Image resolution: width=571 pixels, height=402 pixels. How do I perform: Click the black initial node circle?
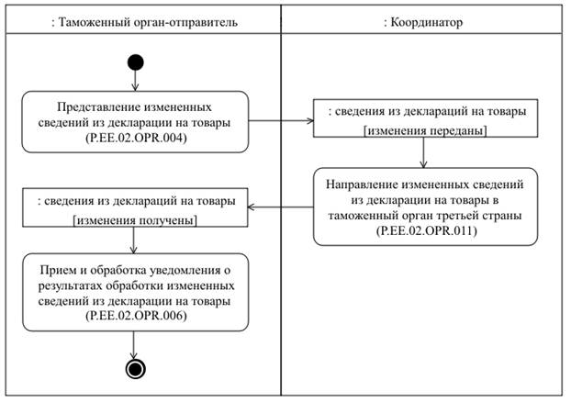click(x=136, y=62)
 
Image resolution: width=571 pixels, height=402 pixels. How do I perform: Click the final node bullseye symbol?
click(x=136, y=369)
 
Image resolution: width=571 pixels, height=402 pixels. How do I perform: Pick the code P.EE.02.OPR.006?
click(x=136, y=316)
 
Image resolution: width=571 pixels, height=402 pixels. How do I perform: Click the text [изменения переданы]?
click(x=425, y=131)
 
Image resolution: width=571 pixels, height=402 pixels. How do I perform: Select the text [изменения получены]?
click(x=135, y=219)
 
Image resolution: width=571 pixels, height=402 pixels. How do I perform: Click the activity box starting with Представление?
click(x=136, y=122)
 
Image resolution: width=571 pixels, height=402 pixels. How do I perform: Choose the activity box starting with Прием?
click(x=136, y=292)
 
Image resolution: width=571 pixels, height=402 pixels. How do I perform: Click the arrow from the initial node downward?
click(x=136, y=81)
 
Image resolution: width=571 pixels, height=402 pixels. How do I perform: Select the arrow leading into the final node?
click(x=136, y=345)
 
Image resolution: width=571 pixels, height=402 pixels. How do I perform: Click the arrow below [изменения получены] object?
click(x=136, y=241)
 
